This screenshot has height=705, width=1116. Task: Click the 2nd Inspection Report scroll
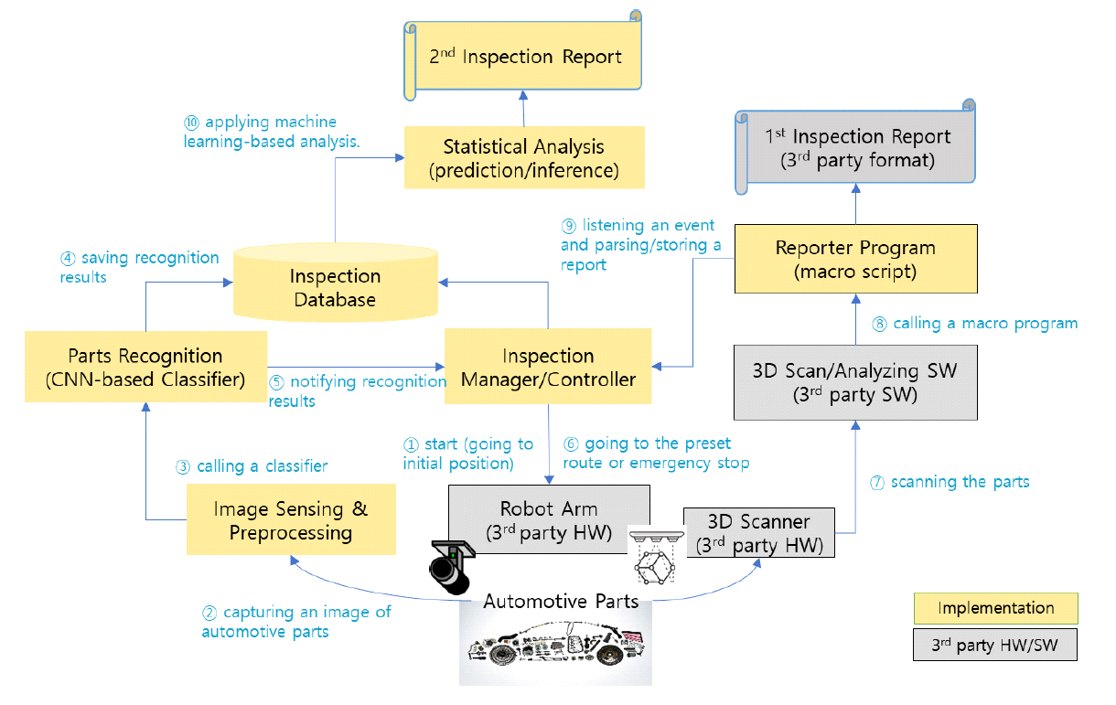tap(524, 58)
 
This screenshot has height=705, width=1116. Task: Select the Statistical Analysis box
tap(524, 158)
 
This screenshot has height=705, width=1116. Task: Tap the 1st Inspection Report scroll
tap(857, 148)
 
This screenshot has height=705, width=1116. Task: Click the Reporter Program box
tap(855, 259)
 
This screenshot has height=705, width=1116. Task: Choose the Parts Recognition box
tap(145, 368)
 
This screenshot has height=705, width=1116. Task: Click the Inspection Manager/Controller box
tap(547, 368)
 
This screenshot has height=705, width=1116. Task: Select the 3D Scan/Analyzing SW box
tap(854, 382)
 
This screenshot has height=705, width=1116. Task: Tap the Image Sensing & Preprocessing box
tap(291, 520)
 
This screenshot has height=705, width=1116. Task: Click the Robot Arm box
tap(548, 520)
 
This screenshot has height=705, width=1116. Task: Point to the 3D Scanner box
tap(759, 532)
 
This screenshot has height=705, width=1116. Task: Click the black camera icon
tap(450, 567)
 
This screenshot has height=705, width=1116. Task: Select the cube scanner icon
tap(653, 561)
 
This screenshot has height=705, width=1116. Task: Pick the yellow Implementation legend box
tap(996, 608)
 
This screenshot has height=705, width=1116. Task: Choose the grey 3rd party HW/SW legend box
tap(996, 644)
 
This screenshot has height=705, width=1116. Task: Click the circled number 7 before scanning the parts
tap(877, 483)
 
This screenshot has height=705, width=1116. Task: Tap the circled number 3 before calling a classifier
tap(183, 467)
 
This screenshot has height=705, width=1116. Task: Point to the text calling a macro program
tap(985, 324)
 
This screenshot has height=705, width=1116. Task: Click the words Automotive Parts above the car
tap(561, 601)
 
